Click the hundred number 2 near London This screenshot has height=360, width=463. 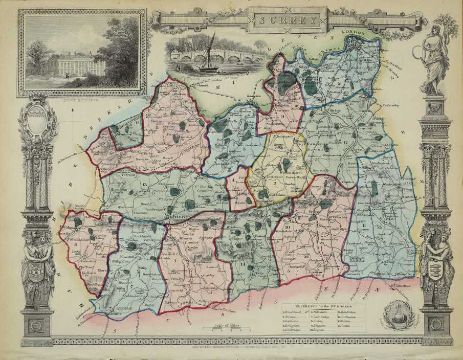pyautogui.click(x=339, y=83)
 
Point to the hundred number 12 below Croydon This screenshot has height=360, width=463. pyautogui.click(x=345, y=142)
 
